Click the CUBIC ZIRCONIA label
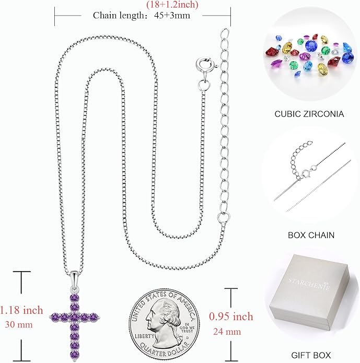tap(309, 114)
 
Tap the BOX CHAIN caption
tap(311, 235)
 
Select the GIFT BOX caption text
tap(311, 355)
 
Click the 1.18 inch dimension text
tap(21, 310)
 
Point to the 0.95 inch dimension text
tap(231, 317)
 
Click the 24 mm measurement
tap(227, 332)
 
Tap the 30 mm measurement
tap(19, 324)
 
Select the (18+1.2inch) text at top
tap(172, 4)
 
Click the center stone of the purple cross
tap(74, 317)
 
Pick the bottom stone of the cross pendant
tap(74, 355)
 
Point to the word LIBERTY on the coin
tap(145, 336)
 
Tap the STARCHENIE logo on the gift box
tap(309, 284)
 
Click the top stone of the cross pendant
tap(75, 298)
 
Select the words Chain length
tap(119, 16)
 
